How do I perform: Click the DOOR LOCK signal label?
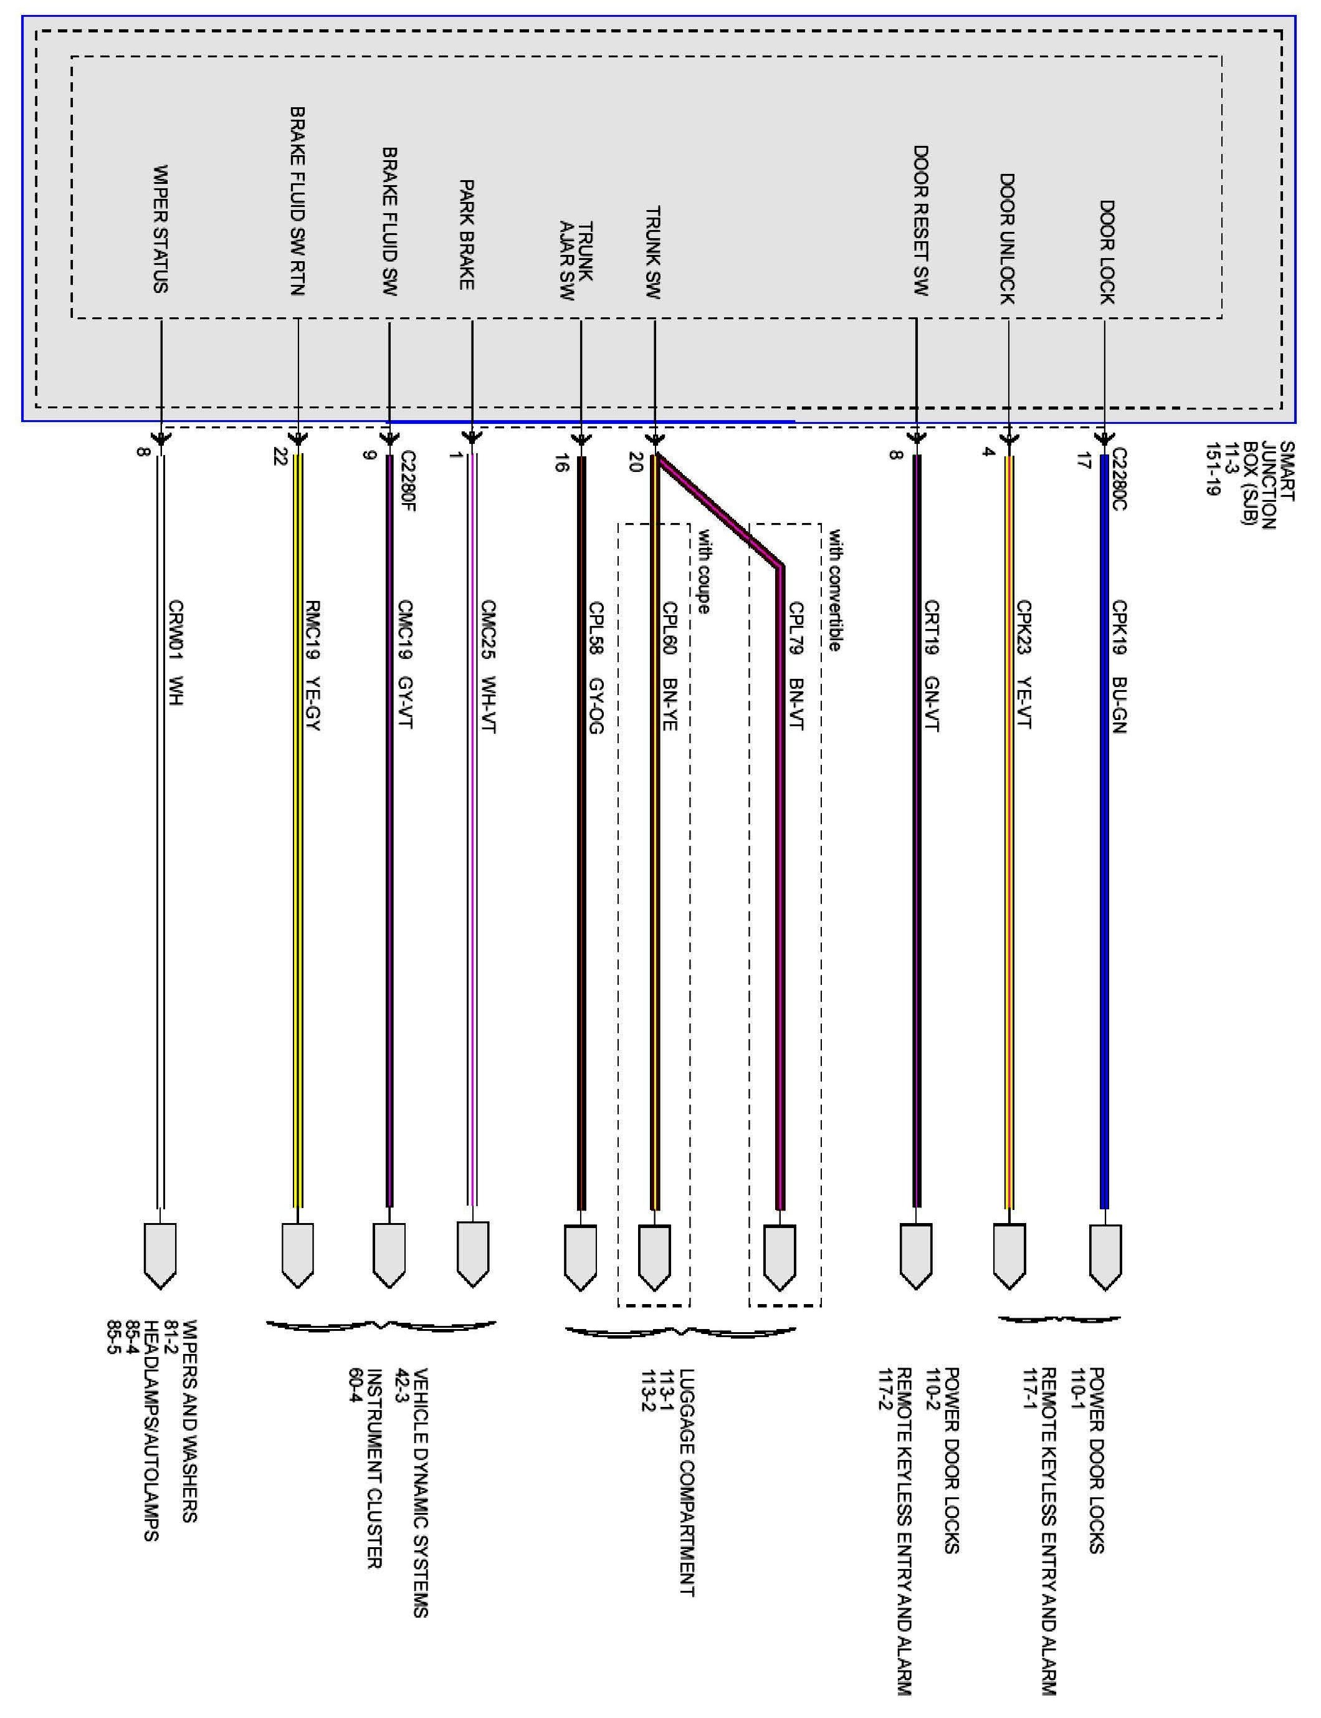(1107, 252)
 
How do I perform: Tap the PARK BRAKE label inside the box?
(466, 234)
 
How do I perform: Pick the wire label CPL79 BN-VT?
(796, 666)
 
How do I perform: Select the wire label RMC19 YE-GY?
(313, 666)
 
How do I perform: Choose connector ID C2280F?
(408, 481)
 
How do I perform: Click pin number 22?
(279, 457)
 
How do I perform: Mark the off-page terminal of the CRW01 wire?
(160, 1255)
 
